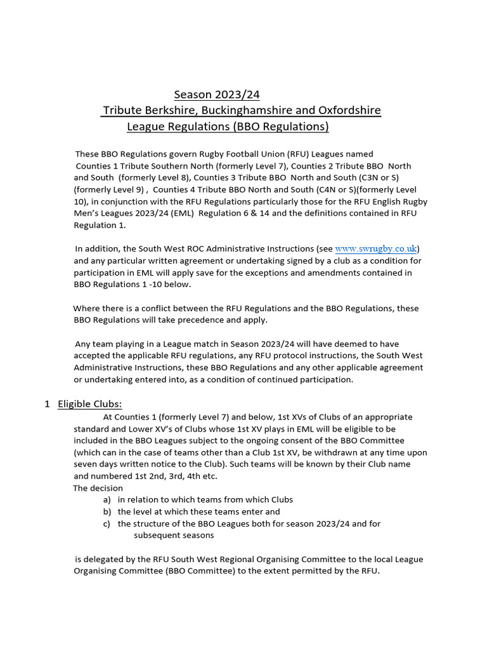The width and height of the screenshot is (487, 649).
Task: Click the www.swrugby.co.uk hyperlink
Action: (x=376, y=248)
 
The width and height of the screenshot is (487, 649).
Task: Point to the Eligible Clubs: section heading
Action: (x=90, y=404)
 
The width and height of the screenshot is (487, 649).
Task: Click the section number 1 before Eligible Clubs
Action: (x=48, y=404)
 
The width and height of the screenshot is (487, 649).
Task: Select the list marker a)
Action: (x=107, y=499)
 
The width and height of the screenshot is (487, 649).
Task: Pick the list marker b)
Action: (x=107, y=511)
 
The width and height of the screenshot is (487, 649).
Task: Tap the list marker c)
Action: (x=107, y=524)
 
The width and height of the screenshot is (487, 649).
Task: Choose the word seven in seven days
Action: (x=86, y=464)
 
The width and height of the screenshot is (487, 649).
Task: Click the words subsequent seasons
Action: (x=174, y=536)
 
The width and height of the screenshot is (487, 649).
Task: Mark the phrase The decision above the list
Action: (x=98, y=488)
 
